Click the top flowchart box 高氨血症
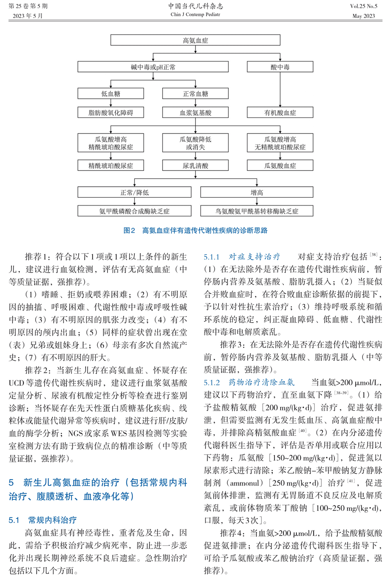[x=195, y=40]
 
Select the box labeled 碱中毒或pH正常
[x=153, y=67]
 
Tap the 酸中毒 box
[x=280, y=67]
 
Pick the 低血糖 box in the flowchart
[x=111, y=93]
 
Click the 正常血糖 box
[x=195, y=93]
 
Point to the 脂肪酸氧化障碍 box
[x=111, y=113]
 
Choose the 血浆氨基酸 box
[x=195, y=113]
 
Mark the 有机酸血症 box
[x=280, y=113]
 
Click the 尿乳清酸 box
[x=195, y=166]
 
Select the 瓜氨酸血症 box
[x=280, y=166]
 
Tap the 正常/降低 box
[x=135, y=192]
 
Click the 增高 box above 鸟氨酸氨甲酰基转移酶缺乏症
[x=257, y=192]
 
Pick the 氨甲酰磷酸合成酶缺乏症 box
[x=135, y=211]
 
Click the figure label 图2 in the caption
[x=129, y=231]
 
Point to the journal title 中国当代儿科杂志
[x=195, y=6]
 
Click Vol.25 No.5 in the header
[x=364, y=6]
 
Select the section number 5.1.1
[x=212, y=257]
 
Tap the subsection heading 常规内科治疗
[x=52, y=520]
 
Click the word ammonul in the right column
[x=245, y=483]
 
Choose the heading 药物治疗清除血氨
[x=261, y=382]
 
